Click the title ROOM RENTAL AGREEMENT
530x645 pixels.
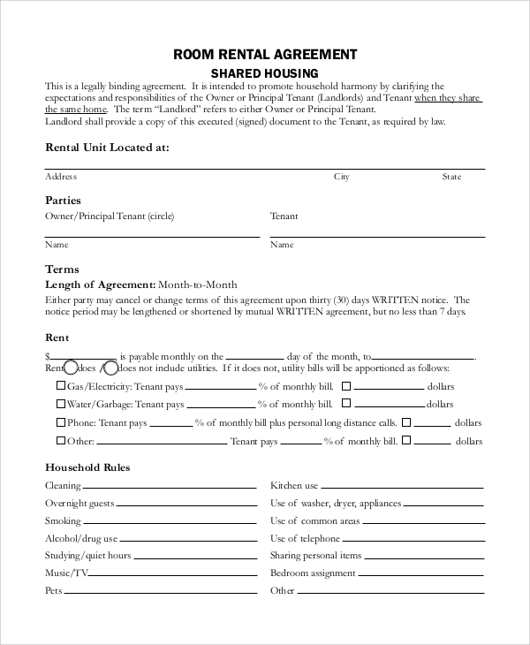265,54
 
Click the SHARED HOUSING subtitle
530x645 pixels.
264,72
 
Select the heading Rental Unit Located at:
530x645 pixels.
106,148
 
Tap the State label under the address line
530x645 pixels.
451,177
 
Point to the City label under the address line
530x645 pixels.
341,177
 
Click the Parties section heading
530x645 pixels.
63,201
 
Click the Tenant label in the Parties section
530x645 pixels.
284,216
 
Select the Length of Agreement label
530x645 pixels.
99,285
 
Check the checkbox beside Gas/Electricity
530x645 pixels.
61,386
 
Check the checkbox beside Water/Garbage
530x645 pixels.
61,404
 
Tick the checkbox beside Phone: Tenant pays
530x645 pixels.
61,422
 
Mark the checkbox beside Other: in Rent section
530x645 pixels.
61,440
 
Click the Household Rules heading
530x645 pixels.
87,467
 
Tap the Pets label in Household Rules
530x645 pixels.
53,590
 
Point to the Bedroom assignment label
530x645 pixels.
314,573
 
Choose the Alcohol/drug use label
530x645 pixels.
81,538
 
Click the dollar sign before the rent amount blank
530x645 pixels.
48,354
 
